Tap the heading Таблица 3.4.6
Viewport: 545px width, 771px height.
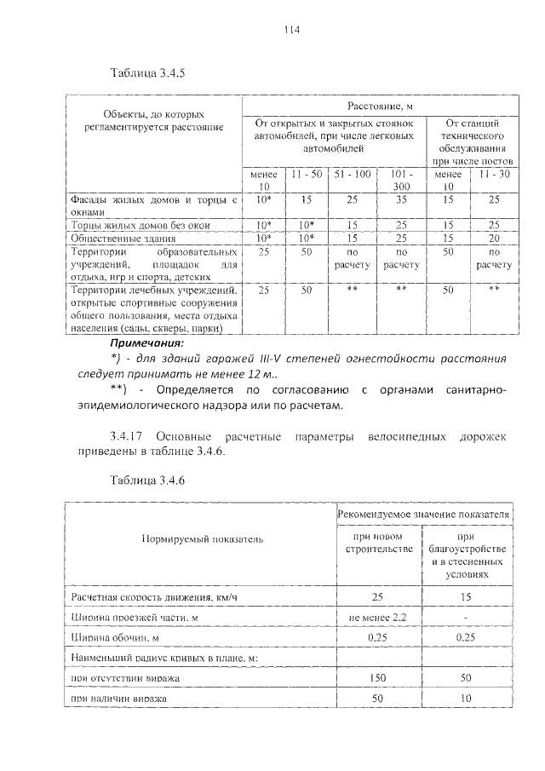tap(147, 480)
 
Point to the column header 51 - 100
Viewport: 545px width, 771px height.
tap(352, 174)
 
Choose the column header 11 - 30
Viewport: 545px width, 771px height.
tap(495, 174)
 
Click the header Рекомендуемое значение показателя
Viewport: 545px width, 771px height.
tap(423, 515)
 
